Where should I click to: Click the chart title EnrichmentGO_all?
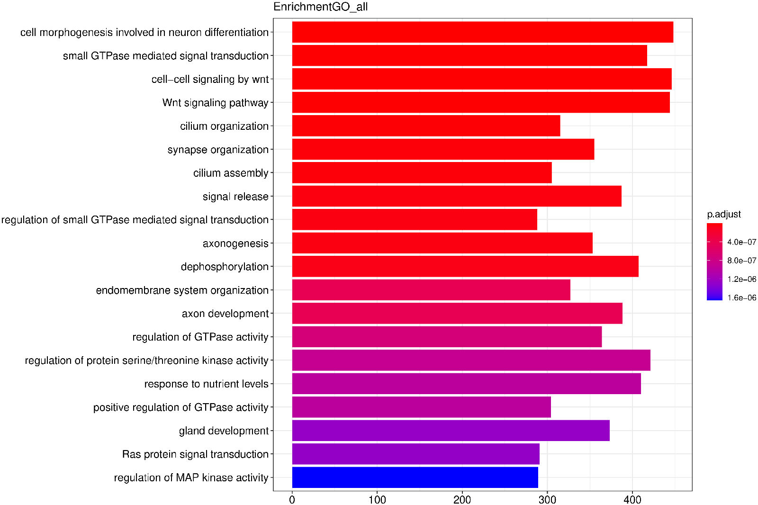coord(320,7)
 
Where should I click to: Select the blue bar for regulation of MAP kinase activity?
coord(415,477)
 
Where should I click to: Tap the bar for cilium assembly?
coord(422,172)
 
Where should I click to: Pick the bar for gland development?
coord(451,430)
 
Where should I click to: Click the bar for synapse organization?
coord(443,149)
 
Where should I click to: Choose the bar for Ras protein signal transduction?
coord(415,454)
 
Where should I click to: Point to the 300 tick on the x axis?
coord(547,499)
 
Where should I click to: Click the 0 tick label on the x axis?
coord(292,499)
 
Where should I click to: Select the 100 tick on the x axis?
coord(377,499)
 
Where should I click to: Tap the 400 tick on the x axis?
coord(632,499)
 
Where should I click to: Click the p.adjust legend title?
coord(723,214)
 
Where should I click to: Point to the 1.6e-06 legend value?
coord(741,298)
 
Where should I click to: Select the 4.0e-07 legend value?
coord(741,242)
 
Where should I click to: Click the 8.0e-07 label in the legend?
coord(741,261)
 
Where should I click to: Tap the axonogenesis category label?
coord(235,243)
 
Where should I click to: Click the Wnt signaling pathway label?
coord(215,103)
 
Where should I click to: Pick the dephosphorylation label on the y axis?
coord(225,267)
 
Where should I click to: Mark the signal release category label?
coord(235,197)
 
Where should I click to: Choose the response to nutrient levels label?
coord(206,384)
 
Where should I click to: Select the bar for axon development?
coord(457,313)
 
